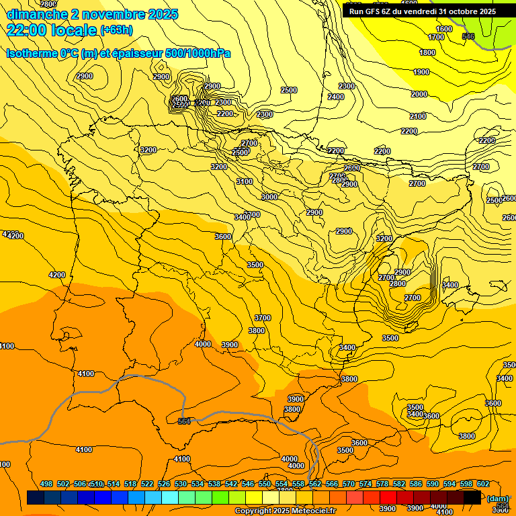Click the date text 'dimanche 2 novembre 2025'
click(x=92, y=14)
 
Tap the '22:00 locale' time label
click(x=52, y=30)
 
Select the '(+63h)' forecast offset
click(x=116, y=30)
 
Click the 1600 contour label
click(x=444, y=29)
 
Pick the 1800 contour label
click(x=427, y=52)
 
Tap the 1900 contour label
click(x=421, y=72)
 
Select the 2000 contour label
click(x=419, y=94)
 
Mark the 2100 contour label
click(x=418, y=116)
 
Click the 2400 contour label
click(x=336, y=97)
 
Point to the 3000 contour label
click(x=269, y=197)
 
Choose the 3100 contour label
click(x=245, y=181)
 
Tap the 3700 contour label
click(x=263, y=318)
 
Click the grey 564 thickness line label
click(x=184, y=421)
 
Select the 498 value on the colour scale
click(x=46, y=484)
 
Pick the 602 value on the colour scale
click(x=483, y=484)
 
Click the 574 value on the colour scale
click(x=365, y=484)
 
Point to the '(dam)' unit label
click(x=497, y=498)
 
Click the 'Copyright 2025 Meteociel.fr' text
click(x=285, y=511)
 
